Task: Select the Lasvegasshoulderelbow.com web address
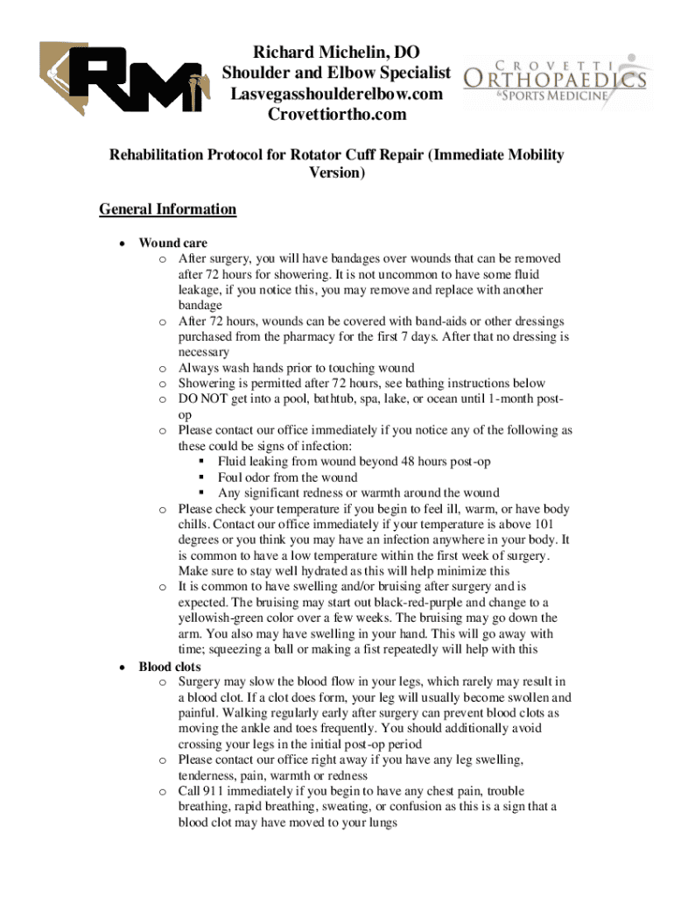pyautogui.click(x=337, y=94)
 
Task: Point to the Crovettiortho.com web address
pyautogui.click(x=337, y=115)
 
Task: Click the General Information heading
pyautogui.click(x=167, y=209)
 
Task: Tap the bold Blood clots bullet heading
pyautogui.click(x=170, y=667)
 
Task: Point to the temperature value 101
pyautogui.click(x=559, y=525)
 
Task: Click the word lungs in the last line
pyautogui.click(x=372, y=823)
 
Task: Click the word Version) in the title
pyautogui.click(x=337, y=173)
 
